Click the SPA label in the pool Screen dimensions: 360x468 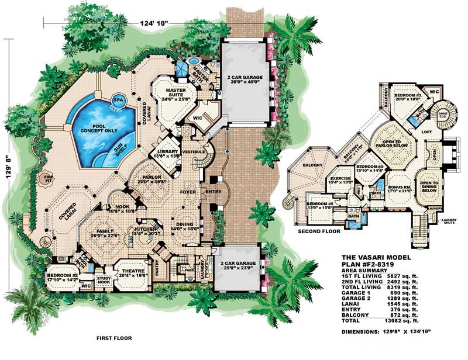coord(119,99)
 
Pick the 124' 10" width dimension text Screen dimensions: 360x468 coord(154,23)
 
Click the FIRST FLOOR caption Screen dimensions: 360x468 coord(114,338)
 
